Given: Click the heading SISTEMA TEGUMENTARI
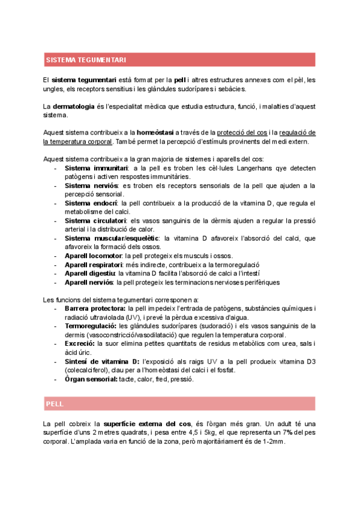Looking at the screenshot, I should (x=85, y=60).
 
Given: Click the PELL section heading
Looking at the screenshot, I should (x=55, y=403).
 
